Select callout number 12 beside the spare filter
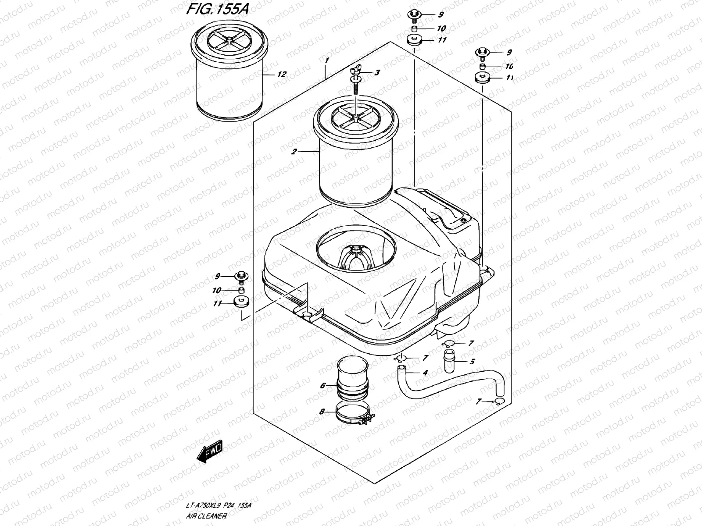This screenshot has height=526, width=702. pyautogui.click(x=282, y=75)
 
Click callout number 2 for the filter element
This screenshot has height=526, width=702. pyautogui.click(x=294, y=152)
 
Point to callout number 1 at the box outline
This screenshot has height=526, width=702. pyautogui.click(x=326, y=60)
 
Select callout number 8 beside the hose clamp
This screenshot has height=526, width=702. pyautogui.click(x=322, y=412)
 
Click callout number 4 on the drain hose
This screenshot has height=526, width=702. pyautogui.click(x=425, y=373)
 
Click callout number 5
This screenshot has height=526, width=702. pyautogui.click(x=472, y=362)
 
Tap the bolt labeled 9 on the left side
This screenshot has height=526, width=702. pyautogui.click(x=241, y=276)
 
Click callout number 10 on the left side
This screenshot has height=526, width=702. pyautogui.click(x=217, y=291)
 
